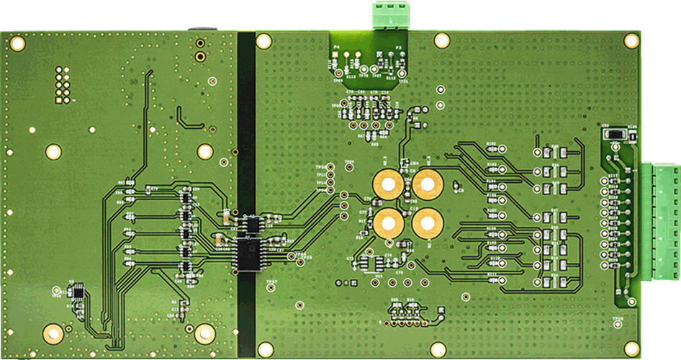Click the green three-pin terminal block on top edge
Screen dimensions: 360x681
point(391,14)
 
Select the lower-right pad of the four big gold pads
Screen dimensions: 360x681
point(427,223)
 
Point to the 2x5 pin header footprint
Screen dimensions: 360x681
point(60,85)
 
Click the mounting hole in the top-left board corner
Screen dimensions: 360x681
point(18,44)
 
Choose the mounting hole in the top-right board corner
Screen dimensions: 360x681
point(631,41)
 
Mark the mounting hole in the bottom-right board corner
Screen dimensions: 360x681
point(631,349)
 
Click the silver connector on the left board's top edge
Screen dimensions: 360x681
point(202,28)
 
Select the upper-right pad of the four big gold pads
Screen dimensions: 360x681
point(426,185)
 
